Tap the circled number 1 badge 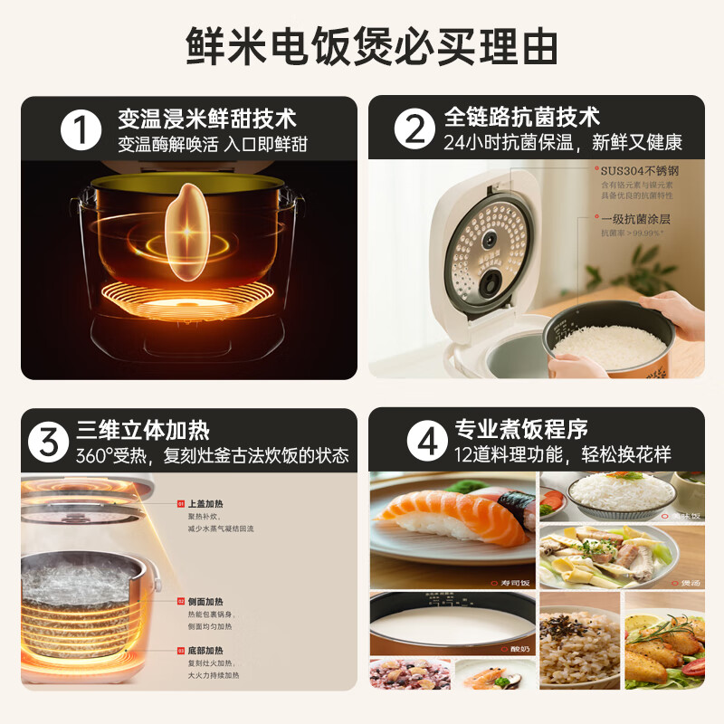(82, 130)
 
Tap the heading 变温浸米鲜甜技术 (206, 119)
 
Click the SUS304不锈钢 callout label (640, 171)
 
